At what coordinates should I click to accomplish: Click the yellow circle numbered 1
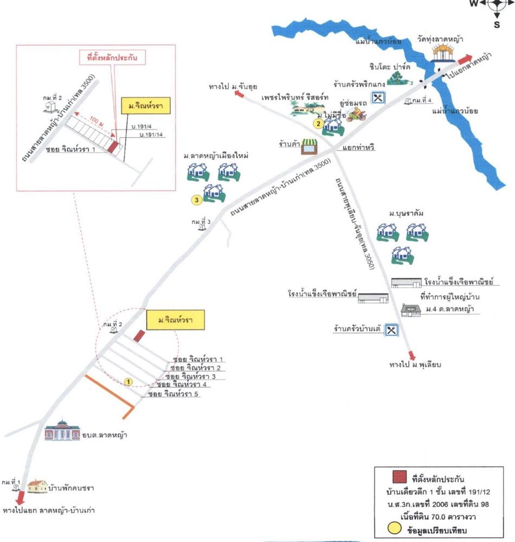tap(128, 382)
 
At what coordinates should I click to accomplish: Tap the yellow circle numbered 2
tap(319, 123)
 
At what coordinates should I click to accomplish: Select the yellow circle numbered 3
tap(196, 200)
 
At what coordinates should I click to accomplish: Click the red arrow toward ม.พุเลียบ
tap(411, 356)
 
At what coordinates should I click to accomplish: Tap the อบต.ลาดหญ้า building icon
tap(62, 431)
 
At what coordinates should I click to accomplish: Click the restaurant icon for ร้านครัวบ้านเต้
tap(393, 329)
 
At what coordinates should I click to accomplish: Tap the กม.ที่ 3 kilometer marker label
tap(201, 222)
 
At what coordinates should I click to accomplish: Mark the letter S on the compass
tap(497, 24)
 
